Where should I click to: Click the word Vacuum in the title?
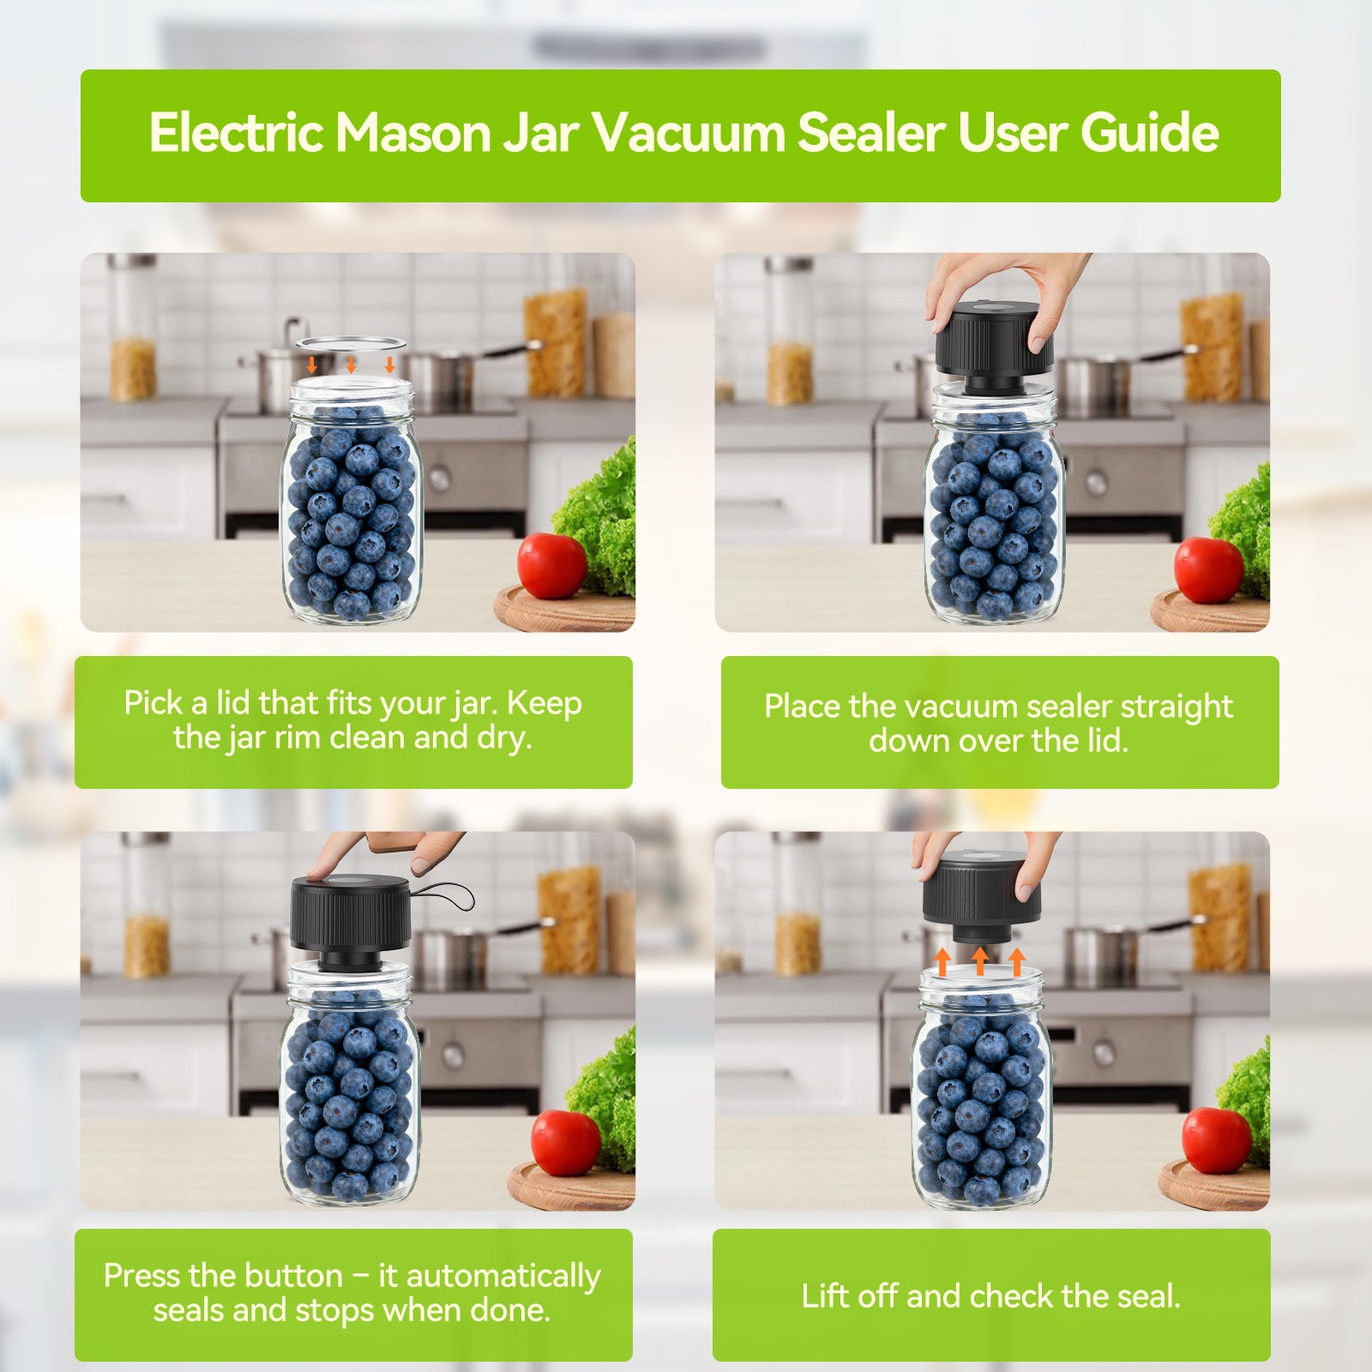coord(688,133)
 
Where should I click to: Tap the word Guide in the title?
coord(1149,133)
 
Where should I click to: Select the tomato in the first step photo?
coord(552,565)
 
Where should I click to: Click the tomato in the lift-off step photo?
coord(1216,1140)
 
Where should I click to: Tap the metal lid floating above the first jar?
coord(351,343)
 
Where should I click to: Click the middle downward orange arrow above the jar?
coord(351,364)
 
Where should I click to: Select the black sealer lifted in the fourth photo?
coord(980,892)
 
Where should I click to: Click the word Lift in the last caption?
coord(825,1296)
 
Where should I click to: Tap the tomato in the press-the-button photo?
coord(565,1142)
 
